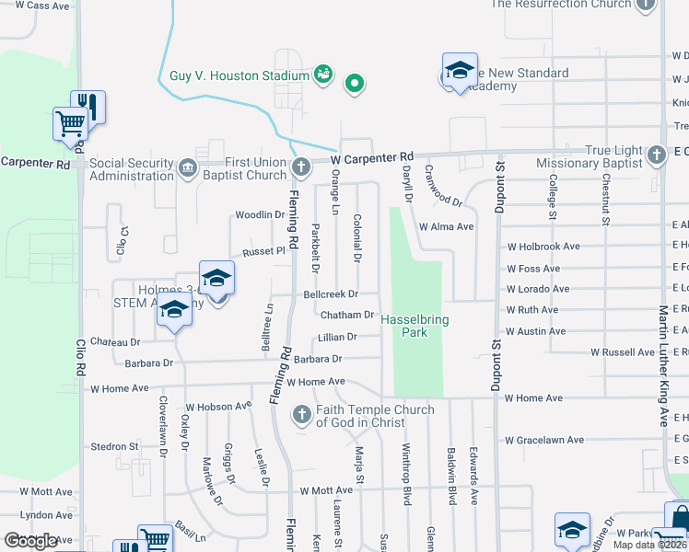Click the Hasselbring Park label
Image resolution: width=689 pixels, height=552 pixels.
point(415,323)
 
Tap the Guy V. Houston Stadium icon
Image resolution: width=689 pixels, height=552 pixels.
point(322,73)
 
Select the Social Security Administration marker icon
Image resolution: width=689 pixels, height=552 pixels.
point(188,167)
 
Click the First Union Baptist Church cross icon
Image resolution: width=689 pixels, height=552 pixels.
point(300,167)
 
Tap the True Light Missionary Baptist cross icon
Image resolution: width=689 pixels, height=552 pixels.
point(656,154)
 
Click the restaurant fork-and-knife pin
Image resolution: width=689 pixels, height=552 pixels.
point(88,106)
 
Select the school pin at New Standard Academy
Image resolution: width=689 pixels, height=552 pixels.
point(459,72)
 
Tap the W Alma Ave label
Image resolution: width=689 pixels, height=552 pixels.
point(446,226)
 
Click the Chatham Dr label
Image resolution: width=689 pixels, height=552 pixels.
point(347,315)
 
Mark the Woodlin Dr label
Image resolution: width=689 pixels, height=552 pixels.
point(260,215)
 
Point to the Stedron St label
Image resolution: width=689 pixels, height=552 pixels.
point(114,447)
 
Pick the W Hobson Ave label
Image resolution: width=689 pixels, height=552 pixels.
point(218,406)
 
